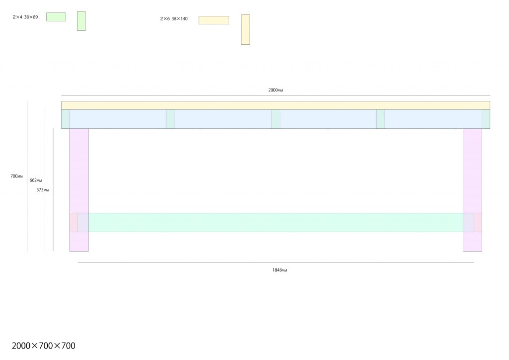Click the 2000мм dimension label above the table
click(275, 90)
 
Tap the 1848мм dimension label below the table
click(279, 270)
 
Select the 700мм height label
click(16, 176)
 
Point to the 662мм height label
click(36, 180)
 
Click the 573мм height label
click(43, 189)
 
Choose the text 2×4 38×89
click(25, 17)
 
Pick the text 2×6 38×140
click(173, 18)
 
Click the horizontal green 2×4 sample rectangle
click(56, 17)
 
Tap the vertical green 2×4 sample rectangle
click(81, 21)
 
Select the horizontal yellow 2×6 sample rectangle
click(214, 20)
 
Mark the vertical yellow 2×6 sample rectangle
click(246, 29)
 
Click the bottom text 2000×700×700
click(44, 346)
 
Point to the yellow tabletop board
click(275, 105)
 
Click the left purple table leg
click(79, 190)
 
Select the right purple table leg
click(472, 190)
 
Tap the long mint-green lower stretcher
click(275, 222)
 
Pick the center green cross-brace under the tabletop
click(276, 119)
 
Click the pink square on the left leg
click(74, 222)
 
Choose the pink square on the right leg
click(478, 222)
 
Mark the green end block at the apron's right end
click(486, 119)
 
